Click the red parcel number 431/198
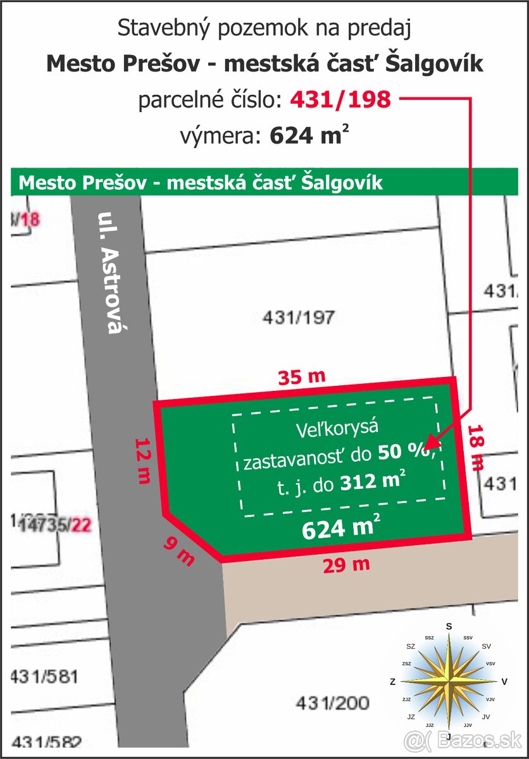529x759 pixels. click(340, 99)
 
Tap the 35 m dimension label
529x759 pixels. click(302, 377)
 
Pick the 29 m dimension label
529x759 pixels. click(346, 565)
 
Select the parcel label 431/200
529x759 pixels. click(332, 703)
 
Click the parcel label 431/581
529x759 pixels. click(44, 676)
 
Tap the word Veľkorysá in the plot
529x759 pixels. click(337, 429)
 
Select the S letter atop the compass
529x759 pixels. click(449, 626)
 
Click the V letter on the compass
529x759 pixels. click(504, 682)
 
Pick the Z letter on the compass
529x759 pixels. click(393, 682)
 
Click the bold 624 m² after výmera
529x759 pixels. click(309, 136)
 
